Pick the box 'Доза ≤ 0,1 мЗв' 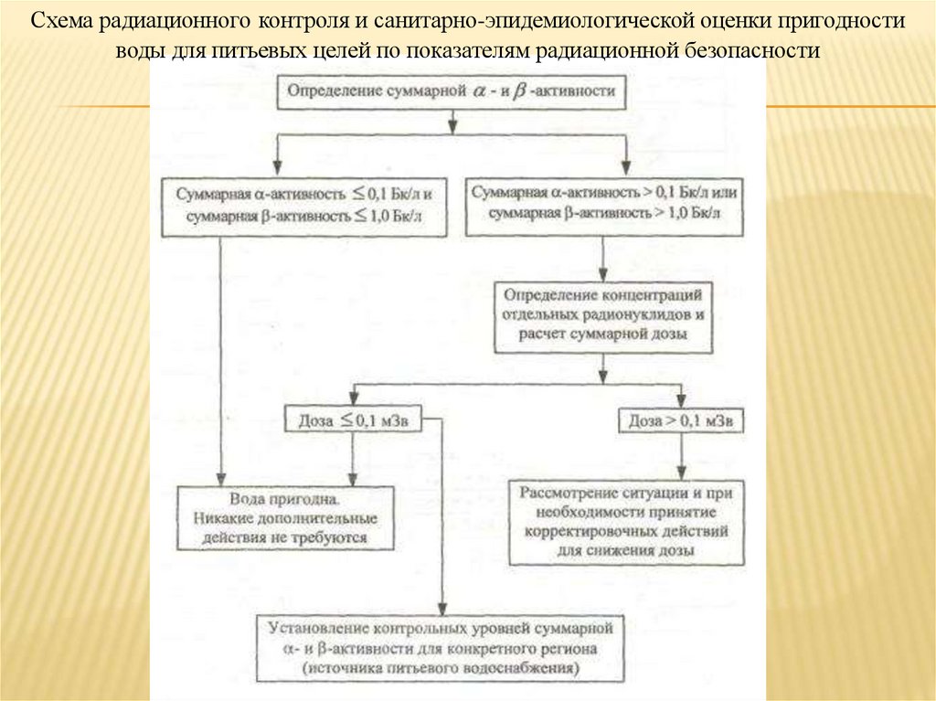pos(350,421)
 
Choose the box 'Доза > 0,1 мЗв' pos(681,422)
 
